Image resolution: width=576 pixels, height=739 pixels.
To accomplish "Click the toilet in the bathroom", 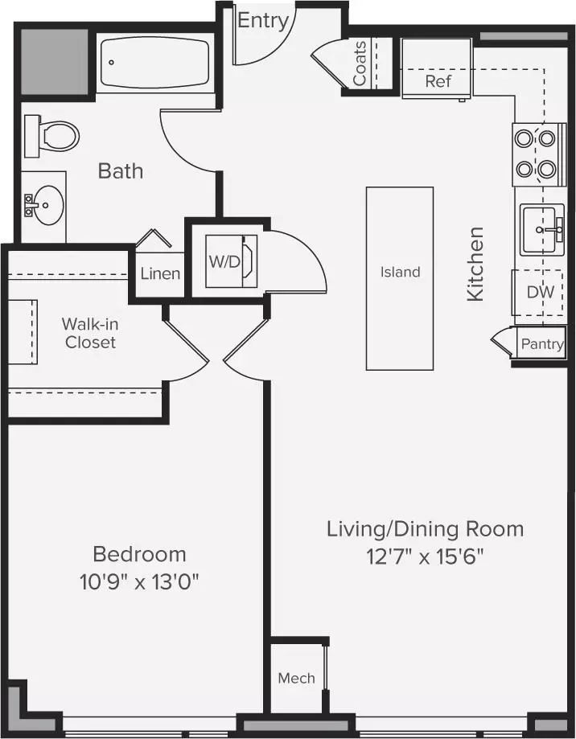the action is [x=51, y=136].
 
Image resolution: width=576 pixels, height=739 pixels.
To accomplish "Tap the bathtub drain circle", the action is [x=112, y=62].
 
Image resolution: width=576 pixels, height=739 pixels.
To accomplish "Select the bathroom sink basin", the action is [x=45, y=206].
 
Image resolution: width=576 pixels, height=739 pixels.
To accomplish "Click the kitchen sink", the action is [x=542, y=230].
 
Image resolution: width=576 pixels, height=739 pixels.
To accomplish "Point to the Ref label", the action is [x=438, y=81].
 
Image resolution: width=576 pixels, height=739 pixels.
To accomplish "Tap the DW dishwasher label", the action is [x=540, y=292].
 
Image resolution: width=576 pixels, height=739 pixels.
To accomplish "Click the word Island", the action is [x=400, y=272].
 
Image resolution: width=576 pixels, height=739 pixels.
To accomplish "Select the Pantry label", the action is [x=542, y=344].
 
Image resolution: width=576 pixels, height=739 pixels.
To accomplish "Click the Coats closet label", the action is [x=360, y=64].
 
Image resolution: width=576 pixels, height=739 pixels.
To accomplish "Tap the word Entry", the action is [x=263, y=21].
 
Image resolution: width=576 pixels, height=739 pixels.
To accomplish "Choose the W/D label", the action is [x=224, y=261].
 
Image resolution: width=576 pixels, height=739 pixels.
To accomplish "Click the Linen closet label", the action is [x=160, y=274].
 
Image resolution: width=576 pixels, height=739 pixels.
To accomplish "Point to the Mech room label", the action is [x=297, y=678].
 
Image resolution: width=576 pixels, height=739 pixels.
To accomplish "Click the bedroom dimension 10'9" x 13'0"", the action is [x=139, y=582].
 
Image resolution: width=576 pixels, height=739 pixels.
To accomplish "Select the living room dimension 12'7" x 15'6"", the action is [x=426, y=557].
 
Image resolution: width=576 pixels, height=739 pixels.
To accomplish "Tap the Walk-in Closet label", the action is [x=90, y=333].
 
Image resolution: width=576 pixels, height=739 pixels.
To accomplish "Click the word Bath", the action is [x=121, y=170].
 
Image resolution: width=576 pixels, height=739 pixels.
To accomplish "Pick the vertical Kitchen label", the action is [x=475, y=264].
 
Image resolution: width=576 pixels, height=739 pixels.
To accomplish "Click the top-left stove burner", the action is [x=523, y=138].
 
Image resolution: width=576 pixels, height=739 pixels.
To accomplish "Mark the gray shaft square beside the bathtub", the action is [x=55, y=61].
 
